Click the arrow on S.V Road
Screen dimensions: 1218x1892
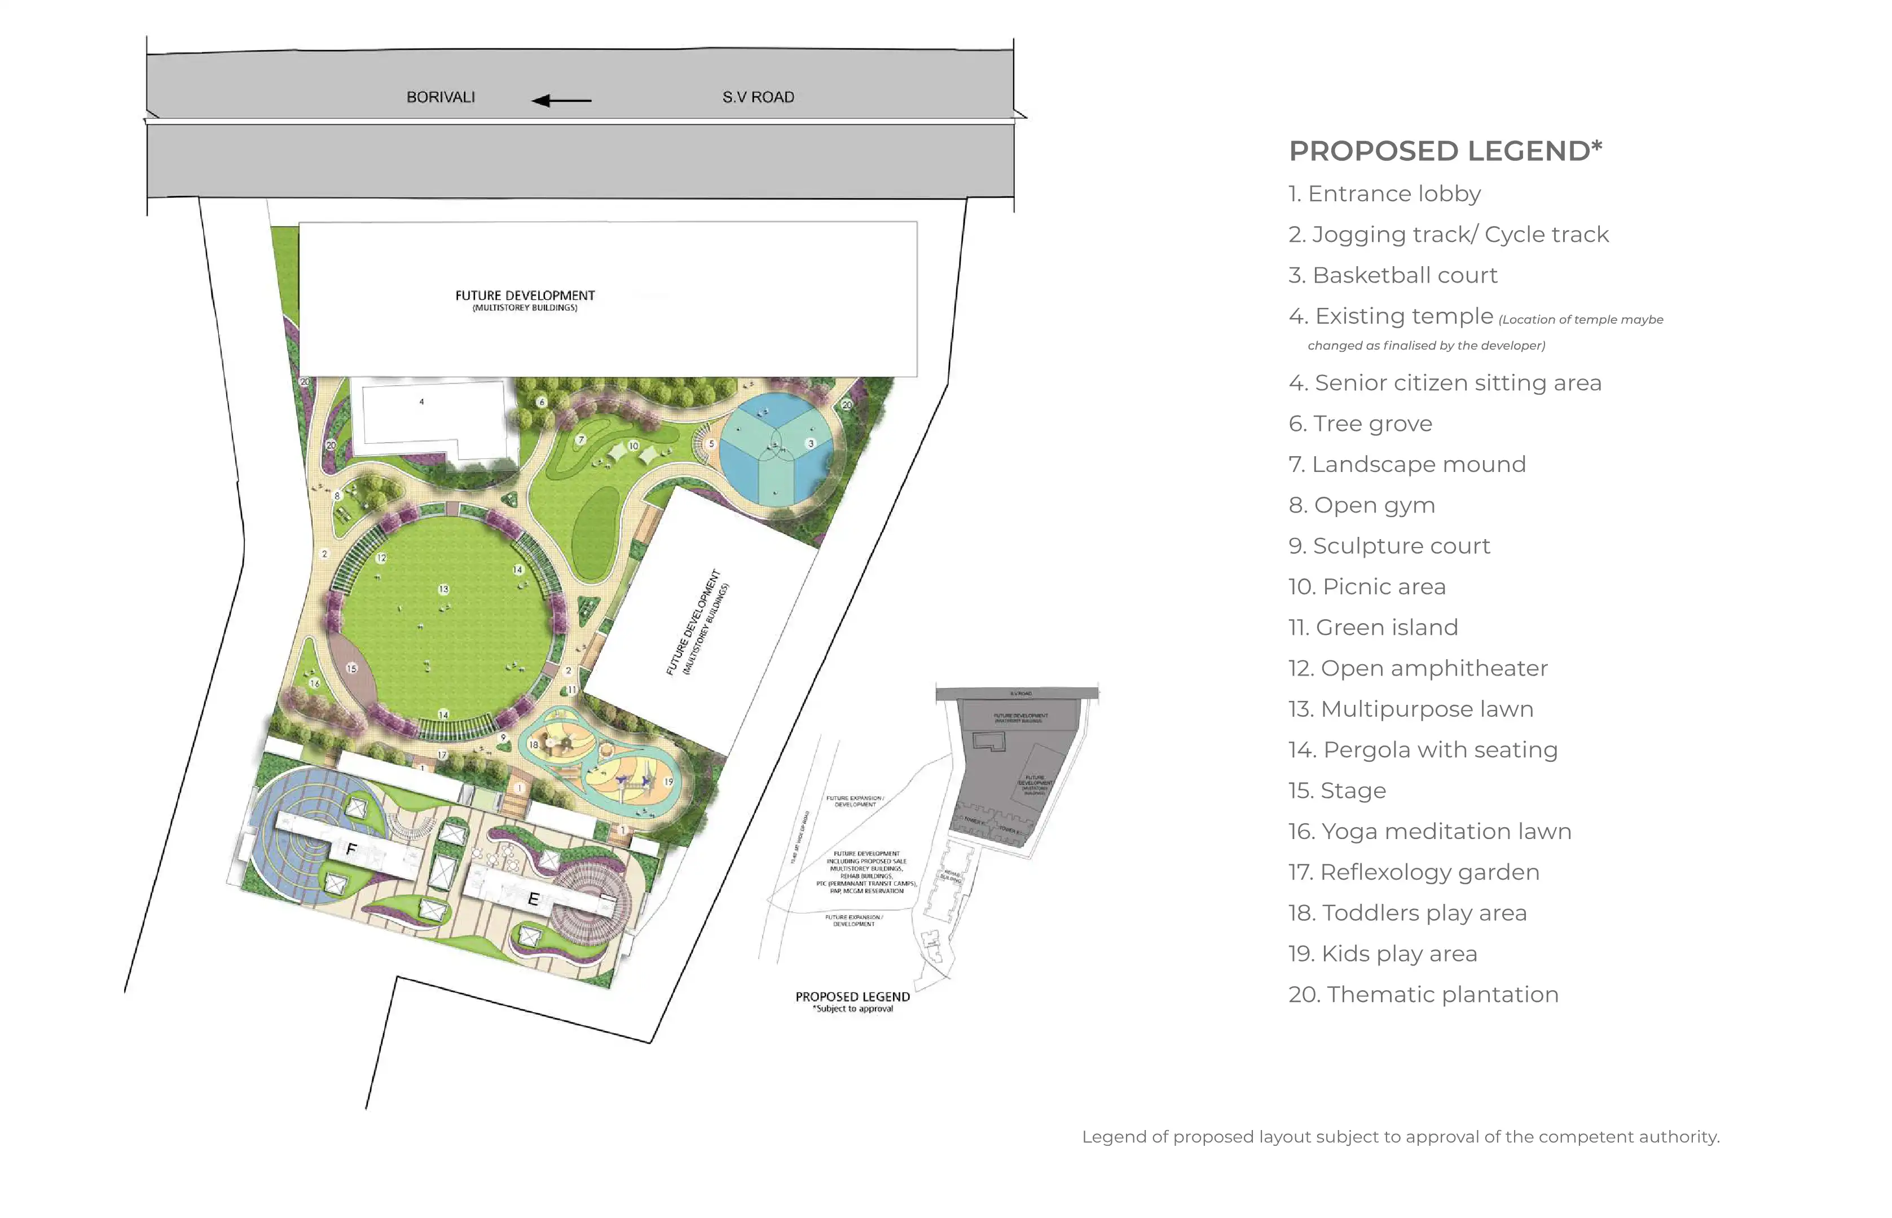(x=562, y=100)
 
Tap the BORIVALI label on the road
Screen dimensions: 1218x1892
(x=441, y=98)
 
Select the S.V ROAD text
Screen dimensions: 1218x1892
(x=758, y=98)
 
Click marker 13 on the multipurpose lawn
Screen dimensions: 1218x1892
(x=444, y=589)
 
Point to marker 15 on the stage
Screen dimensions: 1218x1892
(x=352, y=668)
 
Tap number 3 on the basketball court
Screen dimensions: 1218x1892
(x=811, y=444)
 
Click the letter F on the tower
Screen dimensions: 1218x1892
(x=352, y=849)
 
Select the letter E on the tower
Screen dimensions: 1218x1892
(x=533, y=899)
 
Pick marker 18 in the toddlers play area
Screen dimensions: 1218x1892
(x=534, y=745)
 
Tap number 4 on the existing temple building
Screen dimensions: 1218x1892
(x=421, y=402)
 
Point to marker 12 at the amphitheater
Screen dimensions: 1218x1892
(x=381, y=558)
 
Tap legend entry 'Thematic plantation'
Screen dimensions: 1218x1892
(x=1423, y=995)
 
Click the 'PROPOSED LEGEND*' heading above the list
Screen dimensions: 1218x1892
(x=1445, y=151)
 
